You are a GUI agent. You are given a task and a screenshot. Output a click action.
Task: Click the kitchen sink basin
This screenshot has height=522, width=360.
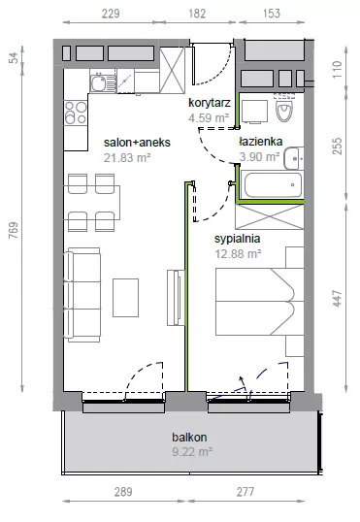[98, 82]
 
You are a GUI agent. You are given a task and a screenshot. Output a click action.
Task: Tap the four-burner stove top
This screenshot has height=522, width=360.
[76, 113]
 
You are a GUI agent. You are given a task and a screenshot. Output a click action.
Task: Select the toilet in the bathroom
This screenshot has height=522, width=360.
[284, 109]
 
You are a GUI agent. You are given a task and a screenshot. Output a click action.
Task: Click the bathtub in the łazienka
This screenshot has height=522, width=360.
[273, 185]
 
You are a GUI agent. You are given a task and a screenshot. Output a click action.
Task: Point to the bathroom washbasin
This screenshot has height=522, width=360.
[294, 158]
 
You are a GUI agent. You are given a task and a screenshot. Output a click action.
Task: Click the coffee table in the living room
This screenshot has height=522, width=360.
[125, 298]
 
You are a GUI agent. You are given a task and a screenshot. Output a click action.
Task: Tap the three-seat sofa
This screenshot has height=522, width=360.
[82, 295]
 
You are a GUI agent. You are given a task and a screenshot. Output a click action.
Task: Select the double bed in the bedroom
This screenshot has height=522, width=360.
[259, 302]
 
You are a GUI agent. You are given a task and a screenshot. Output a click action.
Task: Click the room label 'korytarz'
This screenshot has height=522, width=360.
[210, 103]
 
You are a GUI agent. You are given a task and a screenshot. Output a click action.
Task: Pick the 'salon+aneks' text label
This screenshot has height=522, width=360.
[137, 143]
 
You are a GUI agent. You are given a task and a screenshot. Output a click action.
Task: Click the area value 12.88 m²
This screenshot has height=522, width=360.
[238, 254]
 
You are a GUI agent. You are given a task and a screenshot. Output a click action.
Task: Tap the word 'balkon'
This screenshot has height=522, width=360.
[189, 437]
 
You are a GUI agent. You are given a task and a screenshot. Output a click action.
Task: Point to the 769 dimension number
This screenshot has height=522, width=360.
[14, 230]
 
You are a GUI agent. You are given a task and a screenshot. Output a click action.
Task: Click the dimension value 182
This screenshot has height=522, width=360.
[197, 14]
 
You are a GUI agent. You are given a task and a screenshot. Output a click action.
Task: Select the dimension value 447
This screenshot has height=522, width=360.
[338, 299]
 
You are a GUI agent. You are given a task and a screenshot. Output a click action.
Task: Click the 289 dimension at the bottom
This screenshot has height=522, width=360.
[123, 492]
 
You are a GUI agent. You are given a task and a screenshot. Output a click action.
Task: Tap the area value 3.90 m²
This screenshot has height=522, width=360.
[259, 156]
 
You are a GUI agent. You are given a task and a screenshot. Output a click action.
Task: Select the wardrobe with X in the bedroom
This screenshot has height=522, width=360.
[270, 216]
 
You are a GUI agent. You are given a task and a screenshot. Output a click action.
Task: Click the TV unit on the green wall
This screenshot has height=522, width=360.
[176, 298]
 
